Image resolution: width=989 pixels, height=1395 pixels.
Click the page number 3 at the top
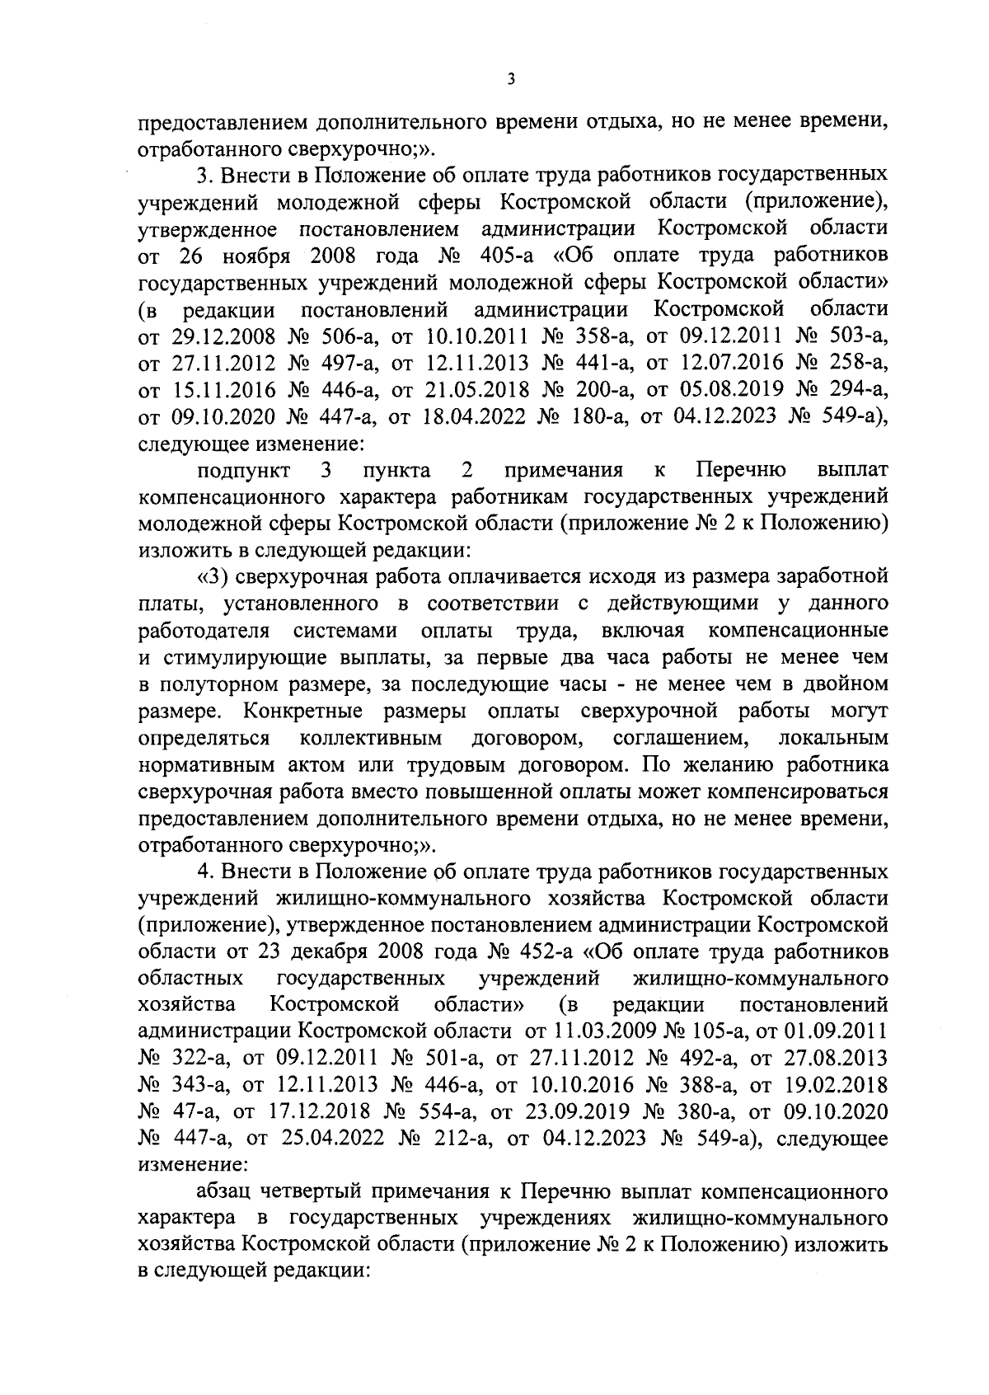point(511,79)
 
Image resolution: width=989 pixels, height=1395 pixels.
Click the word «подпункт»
point(244,471)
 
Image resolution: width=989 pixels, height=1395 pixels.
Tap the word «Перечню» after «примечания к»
point(740,471)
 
